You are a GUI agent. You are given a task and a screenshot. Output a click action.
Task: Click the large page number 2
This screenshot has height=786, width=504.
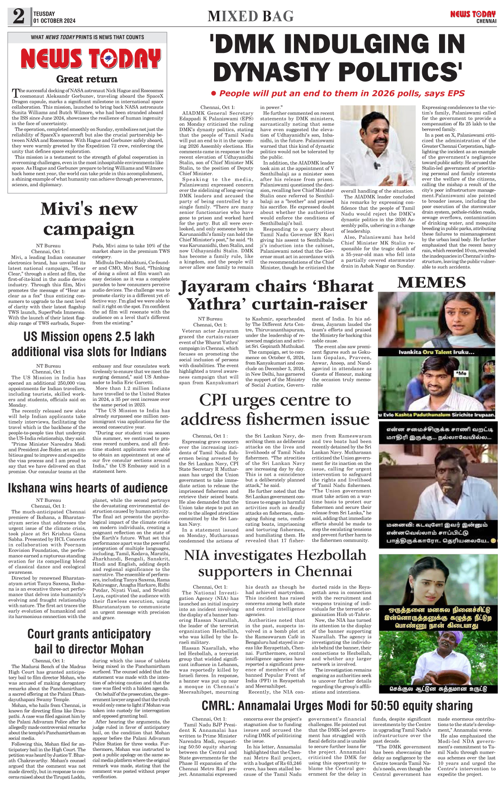click(x=19, y=17)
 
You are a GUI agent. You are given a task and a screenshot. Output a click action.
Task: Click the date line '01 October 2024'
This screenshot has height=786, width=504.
click(x=55, y=21)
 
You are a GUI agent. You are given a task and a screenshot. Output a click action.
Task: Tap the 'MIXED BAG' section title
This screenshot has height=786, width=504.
click(x=251, y=16)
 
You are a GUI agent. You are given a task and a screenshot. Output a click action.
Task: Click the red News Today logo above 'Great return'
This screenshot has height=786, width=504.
click(x=91, y=59)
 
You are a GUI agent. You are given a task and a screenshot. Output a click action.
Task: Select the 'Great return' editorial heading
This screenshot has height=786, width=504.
click(x=87, y=79)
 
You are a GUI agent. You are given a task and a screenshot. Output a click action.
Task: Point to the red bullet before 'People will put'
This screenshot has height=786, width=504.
click(x=214, y=93)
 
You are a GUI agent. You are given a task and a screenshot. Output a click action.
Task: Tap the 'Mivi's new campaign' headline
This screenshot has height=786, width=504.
click(x=89, y=219)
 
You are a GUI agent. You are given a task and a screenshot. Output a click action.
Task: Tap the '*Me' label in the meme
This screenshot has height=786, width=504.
click(x=461, y=373)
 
